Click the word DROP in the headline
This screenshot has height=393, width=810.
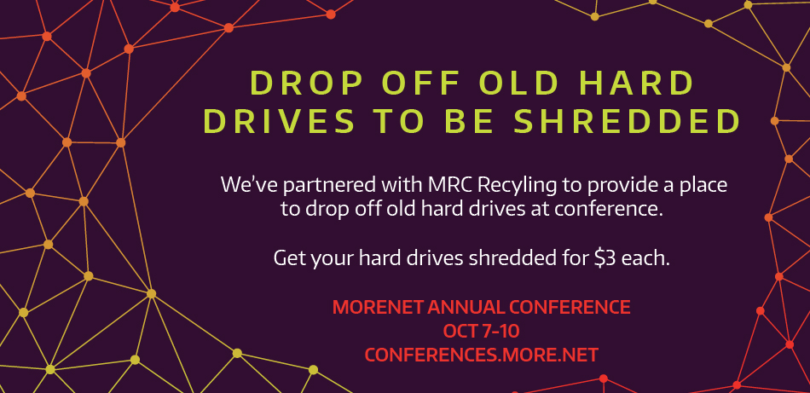pos(299,83)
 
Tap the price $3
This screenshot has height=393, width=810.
pos(605,257)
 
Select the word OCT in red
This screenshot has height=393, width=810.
pos(460,331)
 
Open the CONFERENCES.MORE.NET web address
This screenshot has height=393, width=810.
pos(482,355)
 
